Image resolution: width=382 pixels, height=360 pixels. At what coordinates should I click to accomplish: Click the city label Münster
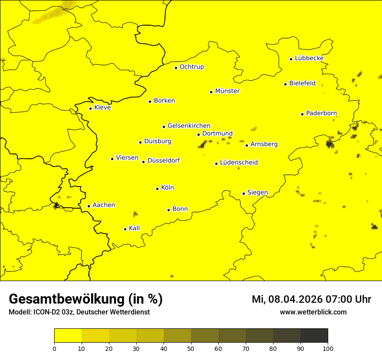tap(227, 91)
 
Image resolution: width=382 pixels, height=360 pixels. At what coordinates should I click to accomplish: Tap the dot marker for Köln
tap(157, 189)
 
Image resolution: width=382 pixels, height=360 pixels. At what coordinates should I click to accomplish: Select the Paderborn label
tap(321, 113)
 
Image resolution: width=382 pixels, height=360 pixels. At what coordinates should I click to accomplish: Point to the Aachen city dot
tap(89, 206)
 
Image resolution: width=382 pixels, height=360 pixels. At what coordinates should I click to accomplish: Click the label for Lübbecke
tap(309, 58)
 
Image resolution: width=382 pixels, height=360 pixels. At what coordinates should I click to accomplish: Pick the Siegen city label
tap(257, 193)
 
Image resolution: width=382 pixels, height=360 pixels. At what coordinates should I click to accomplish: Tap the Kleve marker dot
tap(90, 108)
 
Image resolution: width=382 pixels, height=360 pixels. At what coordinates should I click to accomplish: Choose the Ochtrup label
tap(191, 67)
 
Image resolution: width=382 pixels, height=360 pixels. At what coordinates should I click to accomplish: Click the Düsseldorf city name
tap(164, 160)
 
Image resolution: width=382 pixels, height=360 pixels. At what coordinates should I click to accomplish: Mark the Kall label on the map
tap(135, 228)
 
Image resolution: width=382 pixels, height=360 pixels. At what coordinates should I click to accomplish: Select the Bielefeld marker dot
tap(285, 84)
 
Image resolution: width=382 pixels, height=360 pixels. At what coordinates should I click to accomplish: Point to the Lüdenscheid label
tap(239, 163)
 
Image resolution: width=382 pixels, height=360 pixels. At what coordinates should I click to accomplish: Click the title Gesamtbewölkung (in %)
tap(86, 299)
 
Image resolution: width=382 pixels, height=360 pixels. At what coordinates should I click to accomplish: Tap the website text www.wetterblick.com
tap(313, 312)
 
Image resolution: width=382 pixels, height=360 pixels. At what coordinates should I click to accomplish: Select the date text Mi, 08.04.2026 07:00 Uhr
tap(311, 299)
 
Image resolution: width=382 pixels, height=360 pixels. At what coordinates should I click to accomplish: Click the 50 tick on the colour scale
tap(191, 348)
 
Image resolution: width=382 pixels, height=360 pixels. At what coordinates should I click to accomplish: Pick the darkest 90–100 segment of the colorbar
tap(314, 336)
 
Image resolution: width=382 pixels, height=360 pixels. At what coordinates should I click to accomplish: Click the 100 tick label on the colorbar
tap(328, 348)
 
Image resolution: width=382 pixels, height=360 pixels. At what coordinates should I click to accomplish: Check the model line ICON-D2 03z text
tap(79, 312)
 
